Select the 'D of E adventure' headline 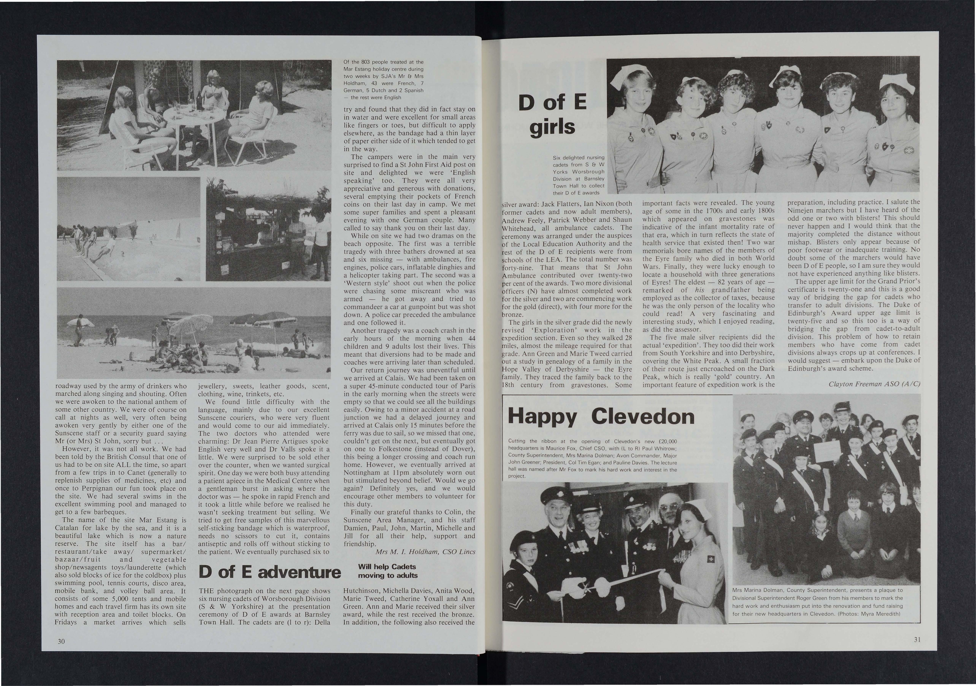click(x=270, y=572)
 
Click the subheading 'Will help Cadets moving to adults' click(x=388, y=571)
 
